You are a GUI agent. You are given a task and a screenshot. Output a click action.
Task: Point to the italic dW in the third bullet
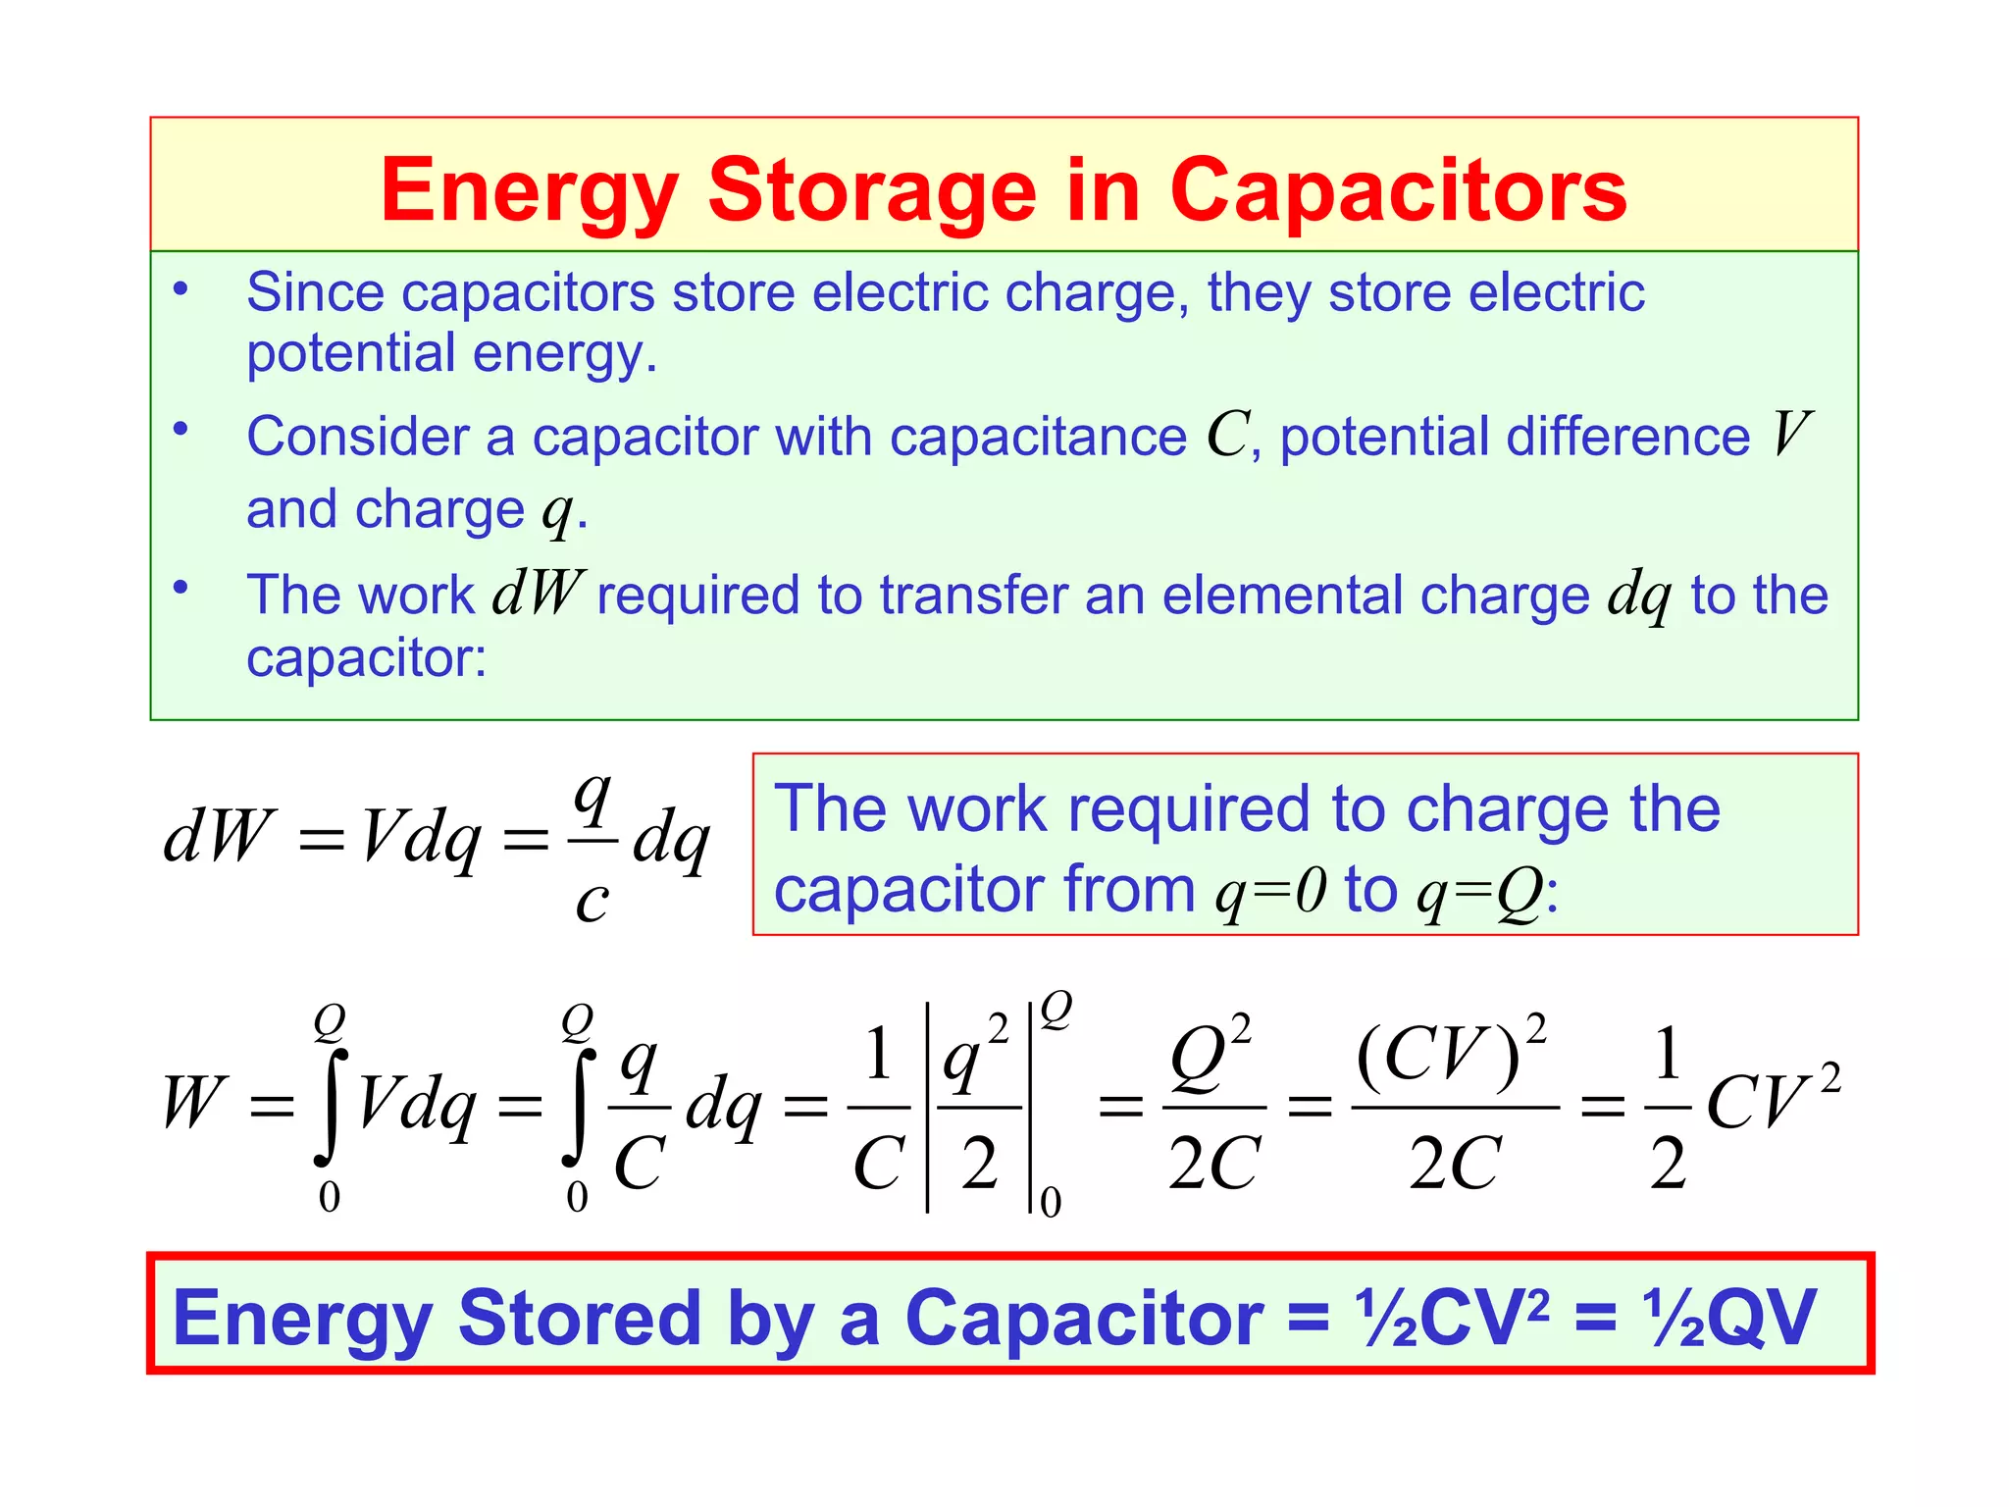538,594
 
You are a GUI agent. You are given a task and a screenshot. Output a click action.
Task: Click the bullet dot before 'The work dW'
180,588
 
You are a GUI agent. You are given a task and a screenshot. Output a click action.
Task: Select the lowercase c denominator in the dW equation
592,901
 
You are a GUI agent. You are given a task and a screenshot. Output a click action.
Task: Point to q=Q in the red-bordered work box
1479,891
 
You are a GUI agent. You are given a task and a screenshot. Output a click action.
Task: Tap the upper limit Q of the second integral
577,1021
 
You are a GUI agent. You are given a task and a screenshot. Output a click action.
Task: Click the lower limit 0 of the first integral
330,1198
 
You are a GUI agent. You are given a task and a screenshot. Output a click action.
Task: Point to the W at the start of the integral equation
194,1104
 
